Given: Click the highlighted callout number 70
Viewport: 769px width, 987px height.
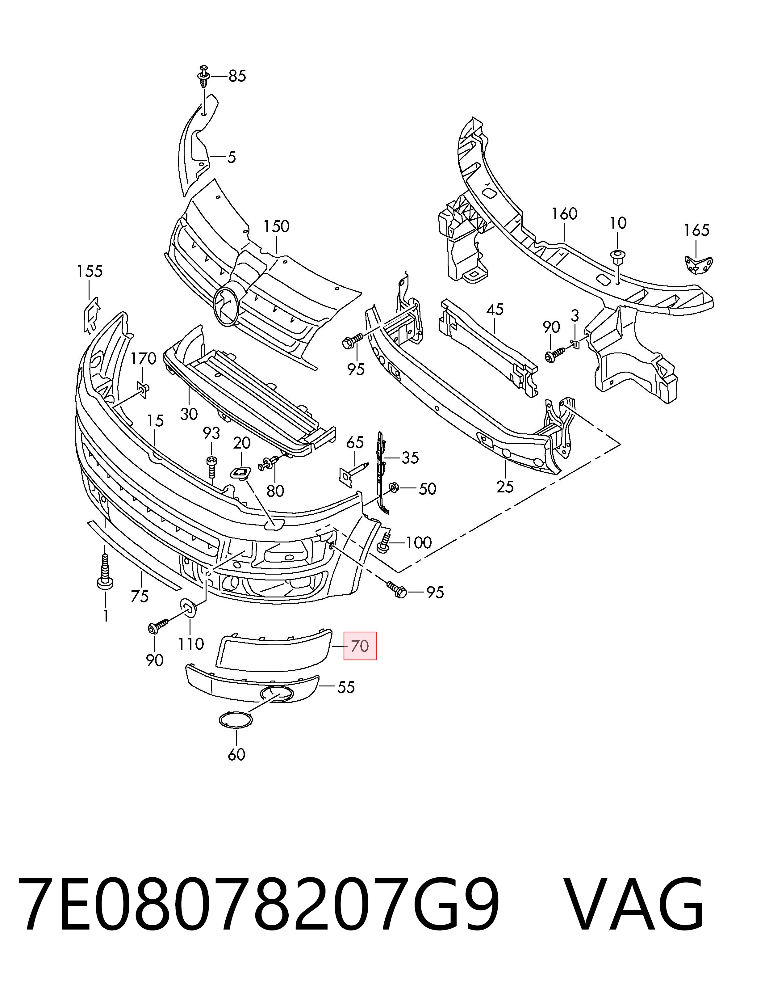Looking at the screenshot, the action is [x=360, y=646].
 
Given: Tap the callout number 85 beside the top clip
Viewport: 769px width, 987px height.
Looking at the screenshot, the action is [x=237, y=76].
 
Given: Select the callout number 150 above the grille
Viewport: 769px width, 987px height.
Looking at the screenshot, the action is [x=276, y=226].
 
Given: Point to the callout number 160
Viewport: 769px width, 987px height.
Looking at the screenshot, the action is [x=564, y=214].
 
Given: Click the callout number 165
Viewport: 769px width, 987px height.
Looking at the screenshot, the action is [x=696, y=230].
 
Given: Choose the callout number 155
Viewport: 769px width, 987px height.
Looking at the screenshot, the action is [x=90, y=271].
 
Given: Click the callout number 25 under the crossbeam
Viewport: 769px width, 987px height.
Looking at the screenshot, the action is [x=505, y=487].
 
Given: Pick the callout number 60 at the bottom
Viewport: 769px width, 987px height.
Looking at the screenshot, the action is [x=236, y=754].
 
